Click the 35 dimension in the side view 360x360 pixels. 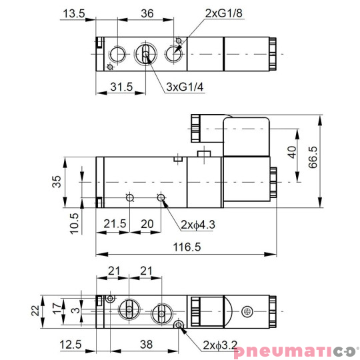[57, 181]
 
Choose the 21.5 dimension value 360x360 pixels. [115, 225]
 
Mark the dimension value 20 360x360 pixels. [147, 225]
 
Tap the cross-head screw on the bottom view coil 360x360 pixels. [247, 311]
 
